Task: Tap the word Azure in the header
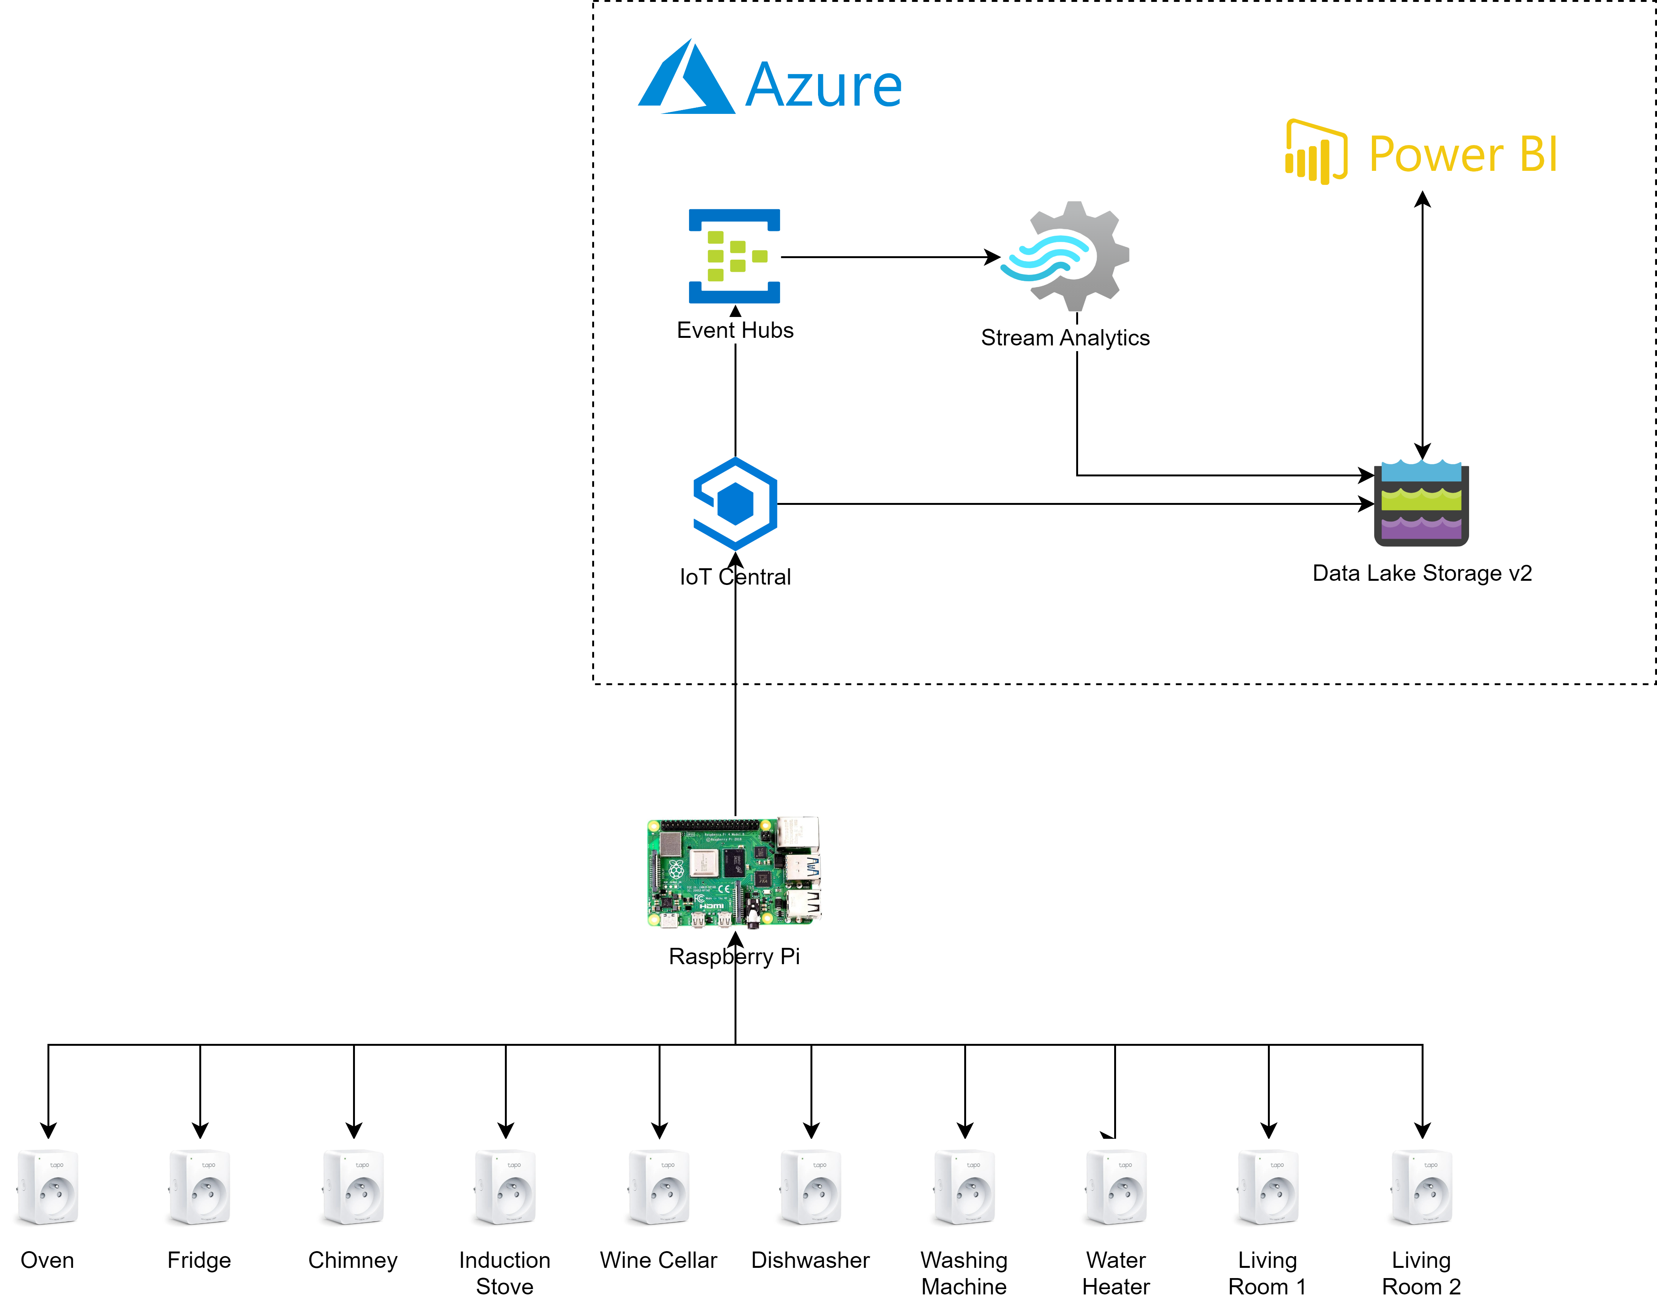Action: pyautogui.click(x=823, y=85)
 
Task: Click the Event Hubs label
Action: pyautogui.click(x=735, y=330)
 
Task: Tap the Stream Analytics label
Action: pyautogui.click(x=1065, y=338)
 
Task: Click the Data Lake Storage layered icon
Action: pyautogui.click(x=1421, y=503)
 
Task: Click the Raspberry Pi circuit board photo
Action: pyautogui.click(x=734, y=873)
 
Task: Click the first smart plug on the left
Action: pyautogui.click(x=47, y=1186)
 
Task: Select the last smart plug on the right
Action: pyautogui.click(x=1421, y=1186)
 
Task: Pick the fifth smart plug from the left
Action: pyautogui.click(x=658, y=1186)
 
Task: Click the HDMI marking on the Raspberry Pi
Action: pyautogui.click(x=712, y=906)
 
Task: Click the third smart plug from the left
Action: pyautogui.click(x=352, y=1186)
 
